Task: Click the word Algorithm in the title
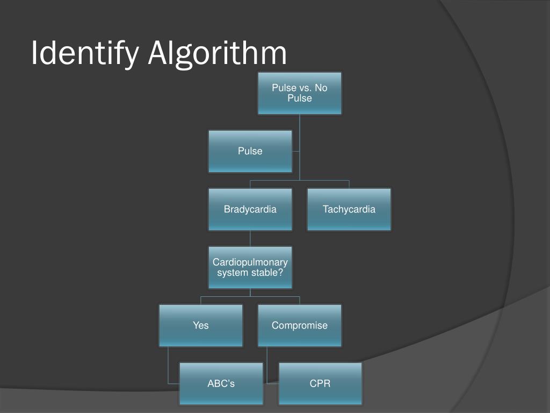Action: click(217, 54)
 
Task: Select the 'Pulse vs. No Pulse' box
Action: click(299, 93)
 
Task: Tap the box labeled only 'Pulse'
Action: click(250, 151)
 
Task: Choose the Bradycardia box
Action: click(250, 209)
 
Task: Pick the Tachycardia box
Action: click(349, 209)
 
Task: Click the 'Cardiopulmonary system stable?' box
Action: click(250, 267)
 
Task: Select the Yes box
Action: click(201, 325)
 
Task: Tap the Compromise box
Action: click(299, 325)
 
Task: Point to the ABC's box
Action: click(221, 383)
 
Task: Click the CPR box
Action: click(320, 383)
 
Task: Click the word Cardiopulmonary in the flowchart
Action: click(250, 262)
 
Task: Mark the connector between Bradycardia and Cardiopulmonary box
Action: click(250, 238)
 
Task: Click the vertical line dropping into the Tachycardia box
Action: click(349, 184)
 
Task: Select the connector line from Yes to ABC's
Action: click(169, 366)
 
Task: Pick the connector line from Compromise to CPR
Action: click(267, 366)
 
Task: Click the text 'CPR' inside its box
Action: click(320, 383)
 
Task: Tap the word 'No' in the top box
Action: click(321, 88)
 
